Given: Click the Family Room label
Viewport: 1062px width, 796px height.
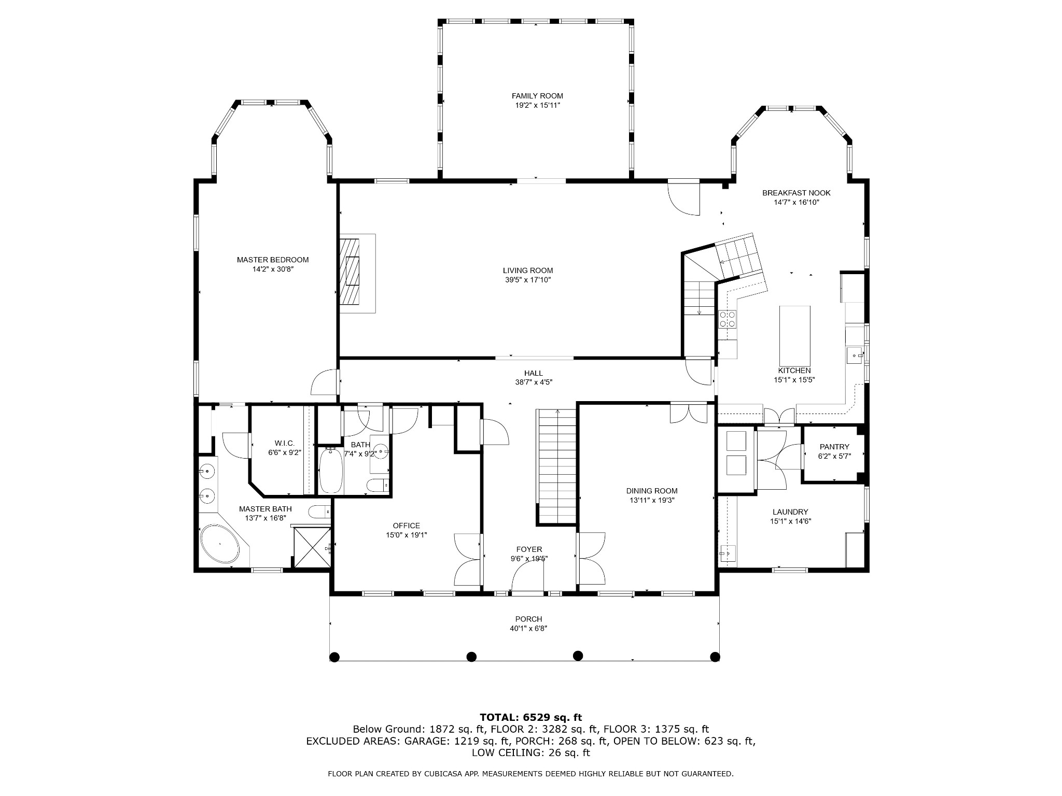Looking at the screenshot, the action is click(x=537, y=96).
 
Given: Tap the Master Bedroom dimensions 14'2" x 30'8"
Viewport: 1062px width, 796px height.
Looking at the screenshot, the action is click(x=273, y=269).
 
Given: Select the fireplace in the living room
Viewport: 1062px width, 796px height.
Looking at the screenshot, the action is click(x=357, y=274).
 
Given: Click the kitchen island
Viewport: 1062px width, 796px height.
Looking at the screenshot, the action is click(x=795, y=336).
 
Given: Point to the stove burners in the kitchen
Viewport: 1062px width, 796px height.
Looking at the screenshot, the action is click(x=727, y=319).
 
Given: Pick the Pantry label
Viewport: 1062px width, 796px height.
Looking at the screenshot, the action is click(x=834, y=447).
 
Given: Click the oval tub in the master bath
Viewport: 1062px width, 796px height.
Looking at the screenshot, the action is click(x=220, y=544).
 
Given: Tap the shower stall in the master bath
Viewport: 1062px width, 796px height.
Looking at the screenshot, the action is click(x=312, y=548).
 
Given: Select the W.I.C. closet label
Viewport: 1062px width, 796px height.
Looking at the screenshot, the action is click(x=285, y=443).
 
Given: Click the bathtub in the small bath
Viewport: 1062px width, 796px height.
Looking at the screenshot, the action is click(x=331, y=471).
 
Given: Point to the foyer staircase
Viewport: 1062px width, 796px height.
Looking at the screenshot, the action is click(x=557, y=466).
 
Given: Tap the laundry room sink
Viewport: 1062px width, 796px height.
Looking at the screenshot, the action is click(x=728, y=554).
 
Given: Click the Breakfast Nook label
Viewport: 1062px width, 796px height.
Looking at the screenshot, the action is click(x=796, y=193).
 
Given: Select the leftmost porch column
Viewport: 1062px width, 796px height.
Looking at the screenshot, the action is click(x=334, y=657).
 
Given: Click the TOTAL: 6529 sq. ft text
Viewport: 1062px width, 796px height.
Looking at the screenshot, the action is click(x=531, y=717).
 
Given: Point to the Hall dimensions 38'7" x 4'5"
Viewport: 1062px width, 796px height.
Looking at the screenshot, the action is click(x=534, y=382).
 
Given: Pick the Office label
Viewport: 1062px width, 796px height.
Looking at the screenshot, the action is click(x=407, y=525).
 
